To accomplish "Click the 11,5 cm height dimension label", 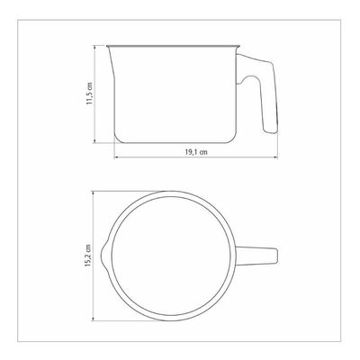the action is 90,94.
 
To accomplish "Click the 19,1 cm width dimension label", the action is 196,152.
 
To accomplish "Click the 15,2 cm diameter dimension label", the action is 88,256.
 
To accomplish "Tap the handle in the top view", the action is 256,256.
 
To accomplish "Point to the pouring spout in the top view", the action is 103,256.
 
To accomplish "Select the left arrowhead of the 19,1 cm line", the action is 116,157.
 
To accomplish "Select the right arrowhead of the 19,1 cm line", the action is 275,157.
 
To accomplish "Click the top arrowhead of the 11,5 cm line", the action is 94,47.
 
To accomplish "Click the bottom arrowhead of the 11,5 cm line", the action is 94,140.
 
